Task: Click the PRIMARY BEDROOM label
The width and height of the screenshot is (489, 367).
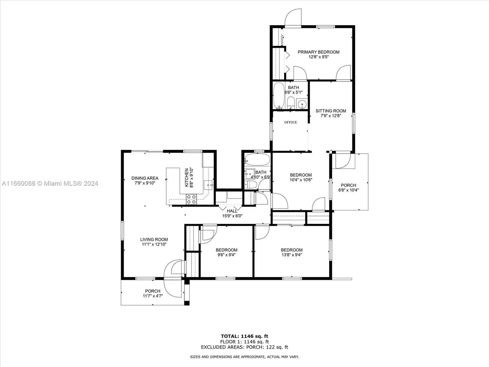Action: click(319, 52)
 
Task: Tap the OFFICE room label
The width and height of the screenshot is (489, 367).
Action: click(290, 122)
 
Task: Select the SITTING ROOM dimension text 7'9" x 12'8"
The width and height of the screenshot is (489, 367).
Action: click(331, 116)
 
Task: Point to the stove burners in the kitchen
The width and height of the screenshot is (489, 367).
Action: click(192, 199)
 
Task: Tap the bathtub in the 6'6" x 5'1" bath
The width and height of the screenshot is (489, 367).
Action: click(279, 95)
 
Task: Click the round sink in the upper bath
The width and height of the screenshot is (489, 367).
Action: click(302, 104)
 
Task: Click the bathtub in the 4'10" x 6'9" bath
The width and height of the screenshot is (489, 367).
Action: click(257, 159)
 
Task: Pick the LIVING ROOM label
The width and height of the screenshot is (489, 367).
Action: click(154, 239)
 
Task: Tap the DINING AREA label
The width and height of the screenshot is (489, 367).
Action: click(145, 178)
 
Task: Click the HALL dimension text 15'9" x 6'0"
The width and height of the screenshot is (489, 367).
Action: click(232, 216)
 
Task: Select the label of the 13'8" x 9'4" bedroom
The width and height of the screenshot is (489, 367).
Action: click(292, 250)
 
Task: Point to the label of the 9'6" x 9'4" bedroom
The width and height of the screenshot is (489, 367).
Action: click(227, 250)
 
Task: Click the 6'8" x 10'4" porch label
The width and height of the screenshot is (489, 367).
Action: click(348, 185)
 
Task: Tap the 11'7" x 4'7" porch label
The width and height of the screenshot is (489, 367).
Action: click(152, 291)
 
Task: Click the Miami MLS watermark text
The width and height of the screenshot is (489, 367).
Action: click(50, 183)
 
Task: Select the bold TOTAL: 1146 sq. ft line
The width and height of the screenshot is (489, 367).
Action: click(244, 336)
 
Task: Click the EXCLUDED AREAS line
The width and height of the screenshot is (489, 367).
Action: click(244, 347)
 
